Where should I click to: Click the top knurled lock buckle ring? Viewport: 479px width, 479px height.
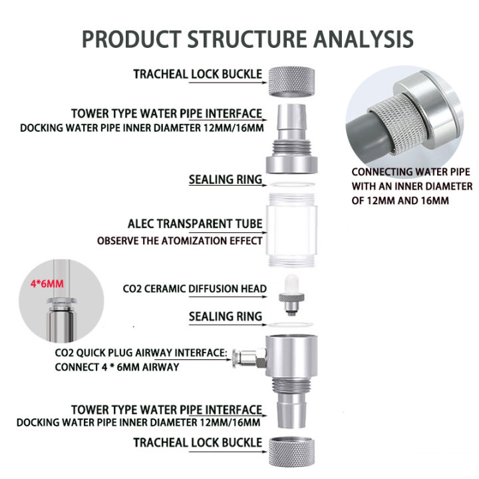pos(293,80)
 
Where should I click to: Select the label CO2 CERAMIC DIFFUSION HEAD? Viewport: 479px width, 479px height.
pos(195,289)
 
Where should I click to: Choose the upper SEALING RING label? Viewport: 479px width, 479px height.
pos(225,180)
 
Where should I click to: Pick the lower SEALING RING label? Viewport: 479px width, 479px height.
pos(225,317)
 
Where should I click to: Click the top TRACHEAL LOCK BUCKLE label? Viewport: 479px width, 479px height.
pos(198,74)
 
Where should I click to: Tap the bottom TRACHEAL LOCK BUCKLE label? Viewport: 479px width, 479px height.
pos(198,442)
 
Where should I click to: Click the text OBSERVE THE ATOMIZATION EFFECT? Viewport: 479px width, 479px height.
pos(180,241)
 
